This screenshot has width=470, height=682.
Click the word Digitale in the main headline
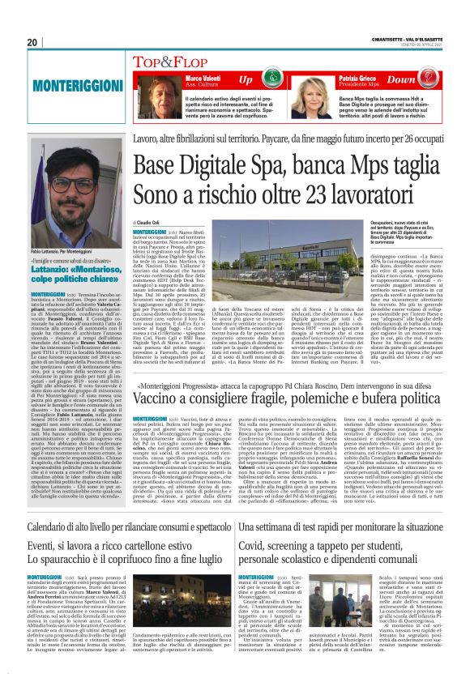tap(222, 167)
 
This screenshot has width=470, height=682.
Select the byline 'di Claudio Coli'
tap(147, 222)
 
